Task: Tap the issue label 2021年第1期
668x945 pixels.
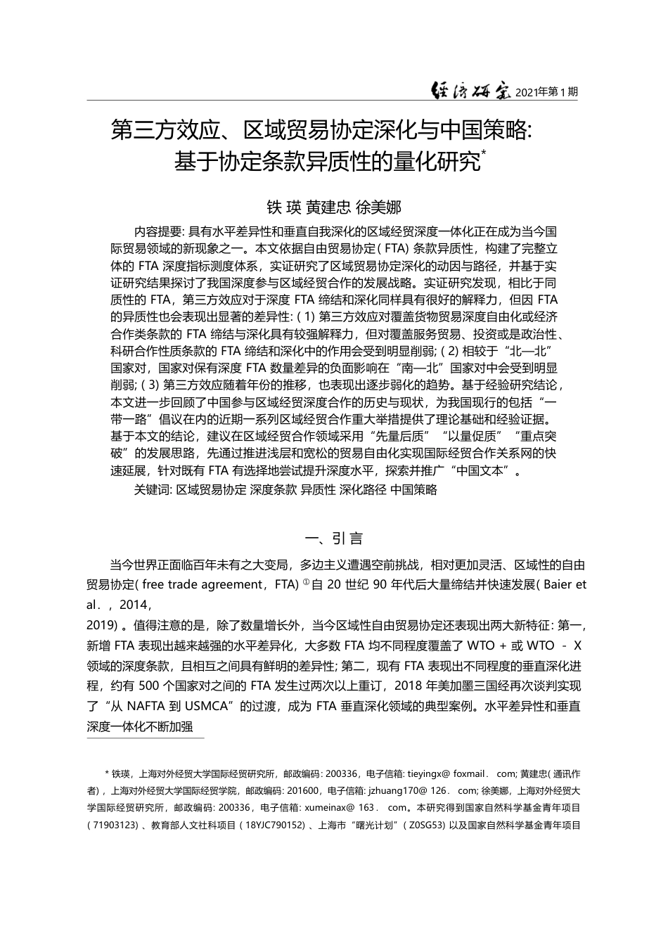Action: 546,92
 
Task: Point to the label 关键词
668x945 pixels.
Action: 152,490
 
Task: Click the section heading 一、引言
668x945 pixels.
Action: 334,539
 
